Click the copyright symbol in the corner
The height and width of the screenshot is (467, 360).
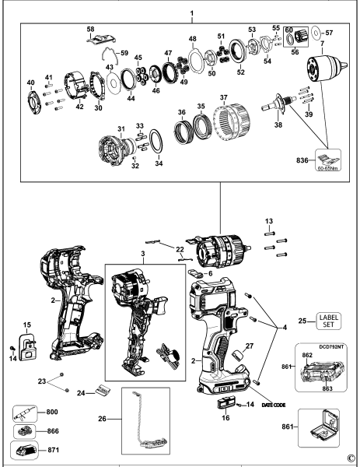click(351, 458)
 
